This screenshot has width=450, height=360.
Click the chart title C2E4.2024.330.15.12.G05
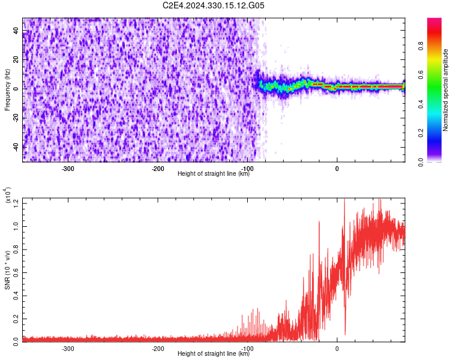(x=214, y=5)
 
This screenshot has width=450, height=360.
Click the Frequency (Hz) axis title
(x=8, y=89)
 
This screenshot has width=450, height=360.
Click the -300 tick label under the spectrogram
(x=68, y=169)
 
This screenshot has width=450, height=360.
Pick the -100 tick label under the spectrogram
(x=247, y=169)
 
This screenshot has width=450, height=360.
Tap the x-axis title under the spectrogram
(x=214, y=173)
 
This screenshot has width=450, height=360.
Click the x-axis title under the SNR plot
(x=214, y=353)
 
